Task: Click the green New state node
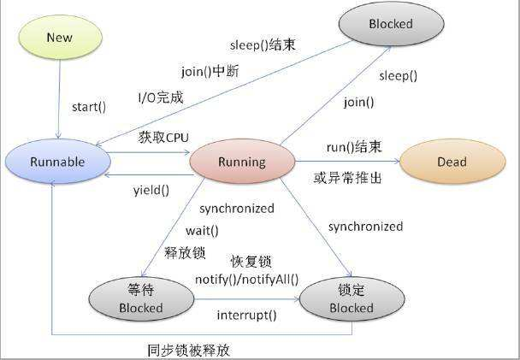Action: [60, 38]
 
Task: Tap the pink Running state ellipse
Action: [242, 161]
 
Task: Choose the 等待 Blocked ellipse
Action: [141, 298]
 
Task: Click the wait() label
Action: [202, 230]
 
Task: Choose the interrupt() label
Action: [246, 315]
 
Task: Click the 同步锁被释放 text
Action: [188, 350]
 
